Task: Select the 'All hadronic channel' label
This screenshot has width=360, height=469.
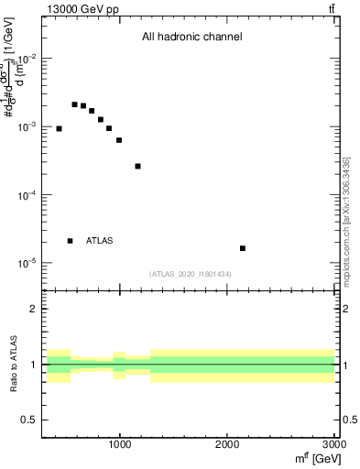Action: [x=191, y=38]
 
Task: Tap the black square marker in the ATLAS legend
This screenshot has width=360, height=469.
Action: [x=70, y=241]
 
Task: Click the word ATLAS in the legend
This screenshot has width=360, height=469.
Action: [x=100, y=241]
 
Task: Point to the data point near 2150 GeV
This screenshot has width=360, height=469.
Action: [x=243, y=248]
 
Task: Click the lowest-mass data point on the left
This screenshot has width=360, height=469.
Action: [x=59, y=128]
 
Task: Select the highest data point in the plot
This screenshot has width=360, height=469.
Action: [x=74, y=104]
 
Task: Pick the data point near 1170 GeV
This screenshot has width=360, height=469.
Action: [x=137, y=166]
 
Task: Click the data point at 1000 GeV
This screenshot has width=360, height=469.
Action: [x=119, y=140]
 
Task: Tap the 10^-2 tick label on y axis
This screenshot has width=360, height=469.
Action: [x=27, y=58]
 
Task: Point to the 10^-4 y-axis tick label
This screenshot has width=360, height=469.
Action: [x=27, y=195]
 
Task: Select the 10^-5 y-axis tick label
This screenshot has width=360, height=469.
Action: [x=27, y=264]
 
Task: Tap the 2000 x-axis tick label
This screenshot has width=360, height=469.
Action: [x=228, y=444]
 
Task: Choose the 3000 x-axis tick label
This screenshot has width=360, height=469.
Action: [x=334, y=444]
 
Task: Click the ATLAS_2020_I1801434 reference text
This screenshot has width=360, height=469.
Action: [x=190, y=274]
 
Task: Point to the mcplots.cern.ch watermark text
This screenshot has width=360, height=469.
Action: [x=346, y=220]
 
